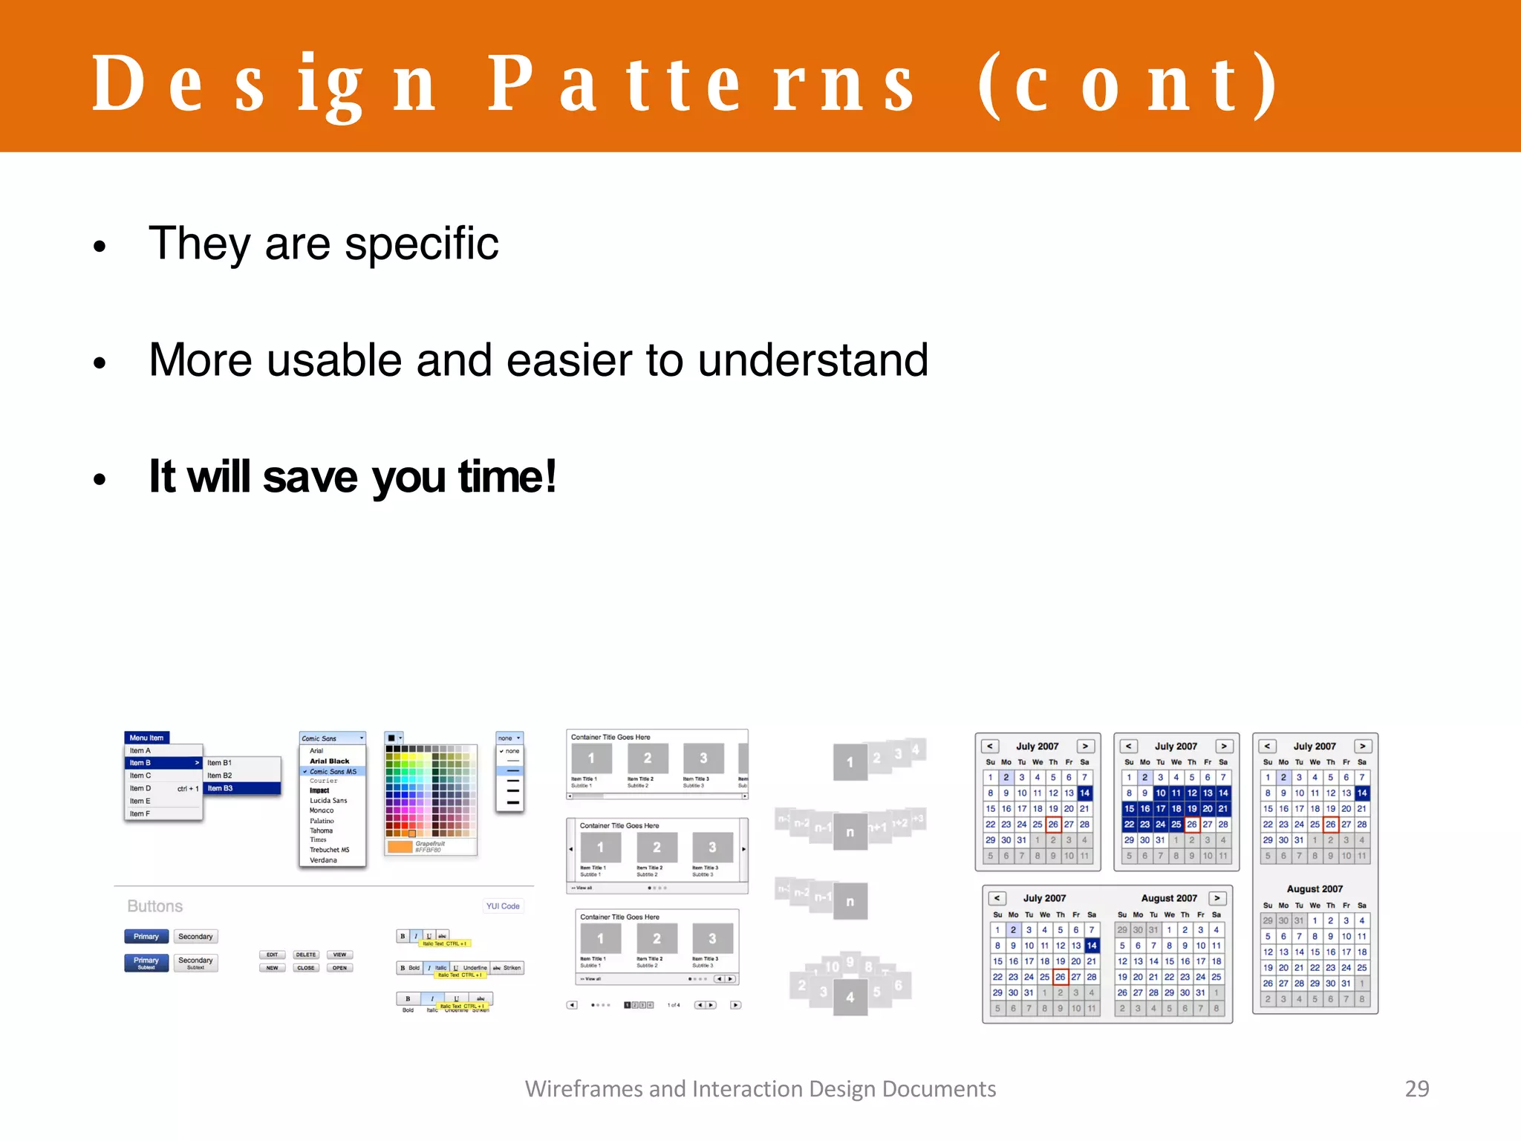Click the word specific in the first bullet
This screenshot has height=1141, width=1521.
[421, 244]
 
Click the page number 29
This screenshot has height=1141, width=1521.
[1416, 1088]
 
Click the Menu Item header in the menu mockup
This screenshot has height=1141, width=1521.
[146, 738]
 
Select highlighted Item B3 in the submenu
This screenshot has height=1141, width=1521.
[220, 788]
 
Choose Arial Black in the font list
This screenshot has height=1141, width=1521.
[329, 761]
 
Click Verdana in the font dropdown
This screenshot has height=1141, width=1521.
[323, 860]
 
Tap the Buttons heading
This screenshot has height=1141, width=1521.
[154, 906]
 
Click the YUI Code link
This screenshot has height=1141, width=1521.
[503, 906]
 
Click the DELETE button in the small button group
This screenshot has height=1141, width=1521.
[305, 955]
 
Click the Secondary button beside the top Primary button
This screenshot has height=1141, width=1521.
[195, 937]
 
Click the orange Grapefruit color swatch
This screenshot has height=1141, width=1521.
[400, 847]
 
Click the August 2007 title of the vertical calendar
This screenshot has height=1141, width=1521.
[1315, 889]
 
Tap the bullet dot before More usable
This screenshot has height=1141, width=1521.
[100, 363]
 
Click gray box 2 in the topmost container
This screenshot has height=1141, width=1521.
[647, 758]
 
